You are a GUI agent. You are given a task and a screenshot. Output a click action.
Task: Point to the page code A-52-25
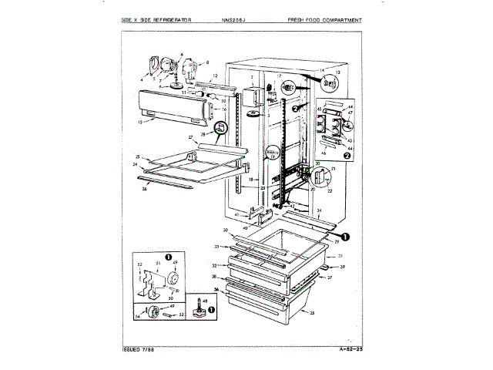tap(349, 349)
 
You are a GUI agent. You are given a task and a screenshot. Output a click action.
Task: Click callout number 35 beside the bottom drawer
tap(313, 312)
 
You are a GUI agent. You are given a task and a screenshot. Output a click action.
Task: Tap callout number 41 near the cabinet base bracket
tap(248, 214)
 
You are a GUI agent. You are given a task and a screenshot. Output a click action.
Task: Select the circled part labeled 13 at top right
tap(330, 79)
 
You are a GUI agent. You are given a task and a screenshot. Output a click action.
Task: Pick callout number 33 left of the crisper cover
tap(218, 246)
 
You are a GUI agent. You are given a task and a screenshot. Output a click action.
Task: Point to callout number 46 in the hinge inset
tap(324, 154)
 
